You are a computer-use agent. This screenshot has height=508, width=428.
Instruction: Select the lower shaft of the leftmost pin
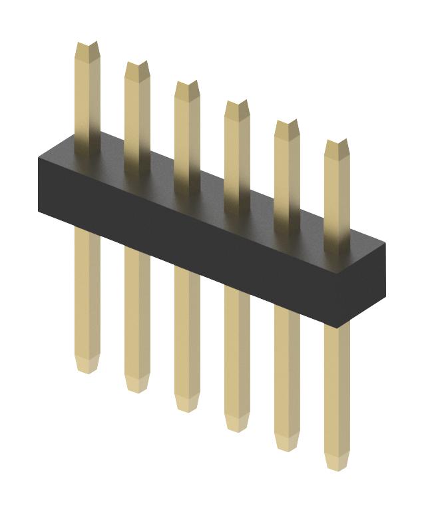point(87,293)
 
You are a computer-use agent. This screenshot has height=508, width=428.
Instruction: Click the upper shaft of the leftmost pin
point(87,100)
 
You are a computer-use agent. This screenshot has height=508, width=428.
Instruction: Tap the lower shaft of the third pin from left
point(187,333)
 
